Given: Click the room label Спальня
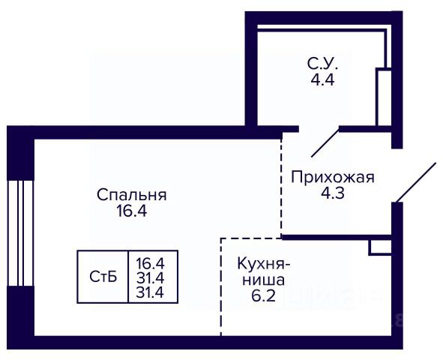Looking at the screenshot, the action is point(132,195).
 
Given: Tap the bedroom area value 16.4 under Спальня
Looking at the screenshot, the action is point(132,211).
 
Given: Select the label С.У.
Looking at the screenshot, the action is point(322,64).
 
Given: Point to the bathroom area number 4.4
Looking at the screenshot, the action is point(322,79).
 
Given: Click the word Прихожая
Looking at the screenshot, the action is point(333,178).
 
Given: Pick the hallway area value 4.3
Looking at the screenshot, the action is point(333,193).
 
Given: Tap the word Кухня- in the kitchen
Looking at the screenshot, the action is point(264,265).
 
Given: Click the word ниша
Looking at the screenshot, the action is point(264,280).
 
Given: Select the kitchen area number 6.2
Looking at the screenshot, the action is point(263,295).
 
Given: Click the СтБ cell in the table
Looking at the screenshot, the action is point(103,277).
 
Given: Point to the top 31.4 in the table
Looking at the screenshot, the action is point(150,278).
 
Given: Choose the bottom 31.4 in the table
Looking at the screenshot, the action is point(150,292).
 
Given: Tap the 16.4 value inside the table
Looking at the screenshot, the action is point(150,264).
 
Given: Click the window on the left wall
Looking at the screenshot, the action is point(20,233).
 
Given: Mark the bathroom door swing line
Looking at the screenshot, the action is point(325,142).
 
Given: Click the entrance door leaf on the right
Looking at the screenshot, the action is point(416,182).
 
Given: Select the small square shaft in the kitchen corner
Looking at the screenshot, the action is point(380,247).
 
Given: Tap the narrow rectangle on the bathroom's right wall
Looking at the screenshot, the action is point(384,97).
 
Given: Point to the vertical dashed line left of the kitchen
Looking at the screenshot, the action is point(221,287).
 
